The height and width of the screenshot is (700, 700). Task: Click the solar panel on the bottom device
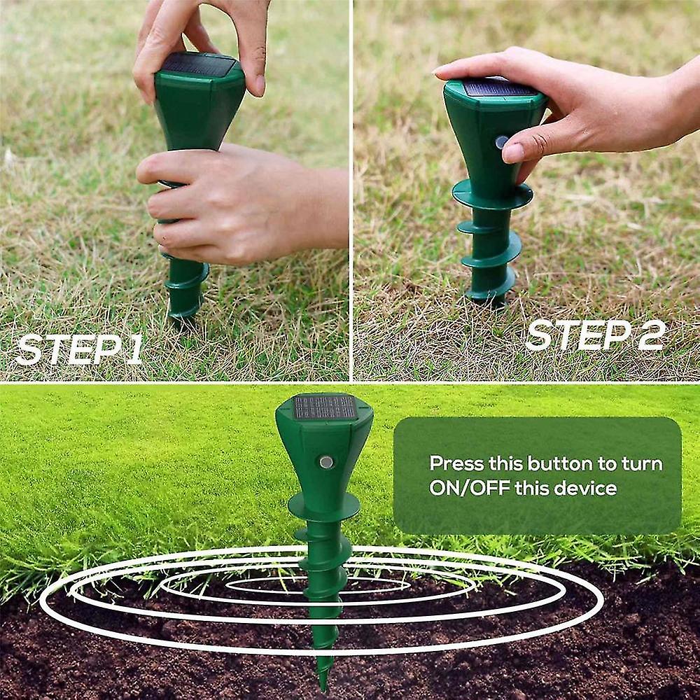click(324, 407)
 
